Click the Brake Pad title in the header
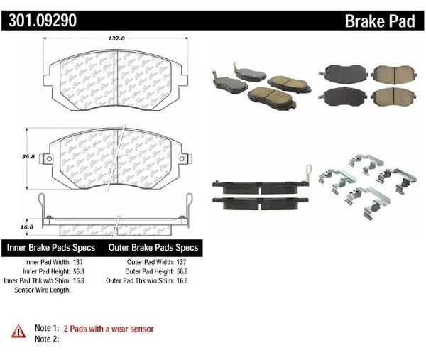(380, 21)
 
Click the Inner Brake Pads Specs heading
(53, 249)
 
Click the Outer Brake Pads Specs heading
(153, 249)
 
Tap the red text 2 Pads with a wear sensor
(109, 329)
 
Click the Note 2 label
(45, 339)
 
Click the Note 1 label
(45, 329)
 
